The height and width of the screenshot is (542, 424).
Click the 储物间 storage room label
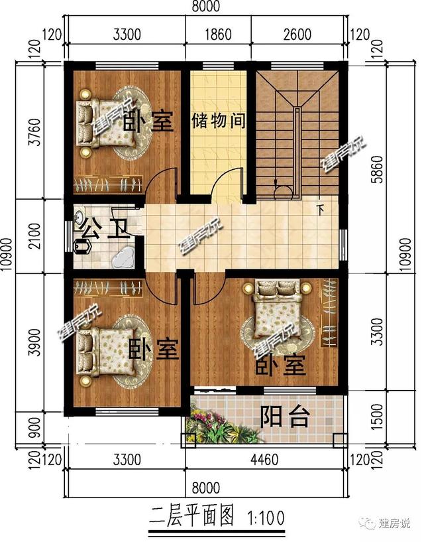tap(219, 121)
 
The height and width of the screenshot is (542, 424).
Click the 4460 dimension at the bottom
tap(266, 458)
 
